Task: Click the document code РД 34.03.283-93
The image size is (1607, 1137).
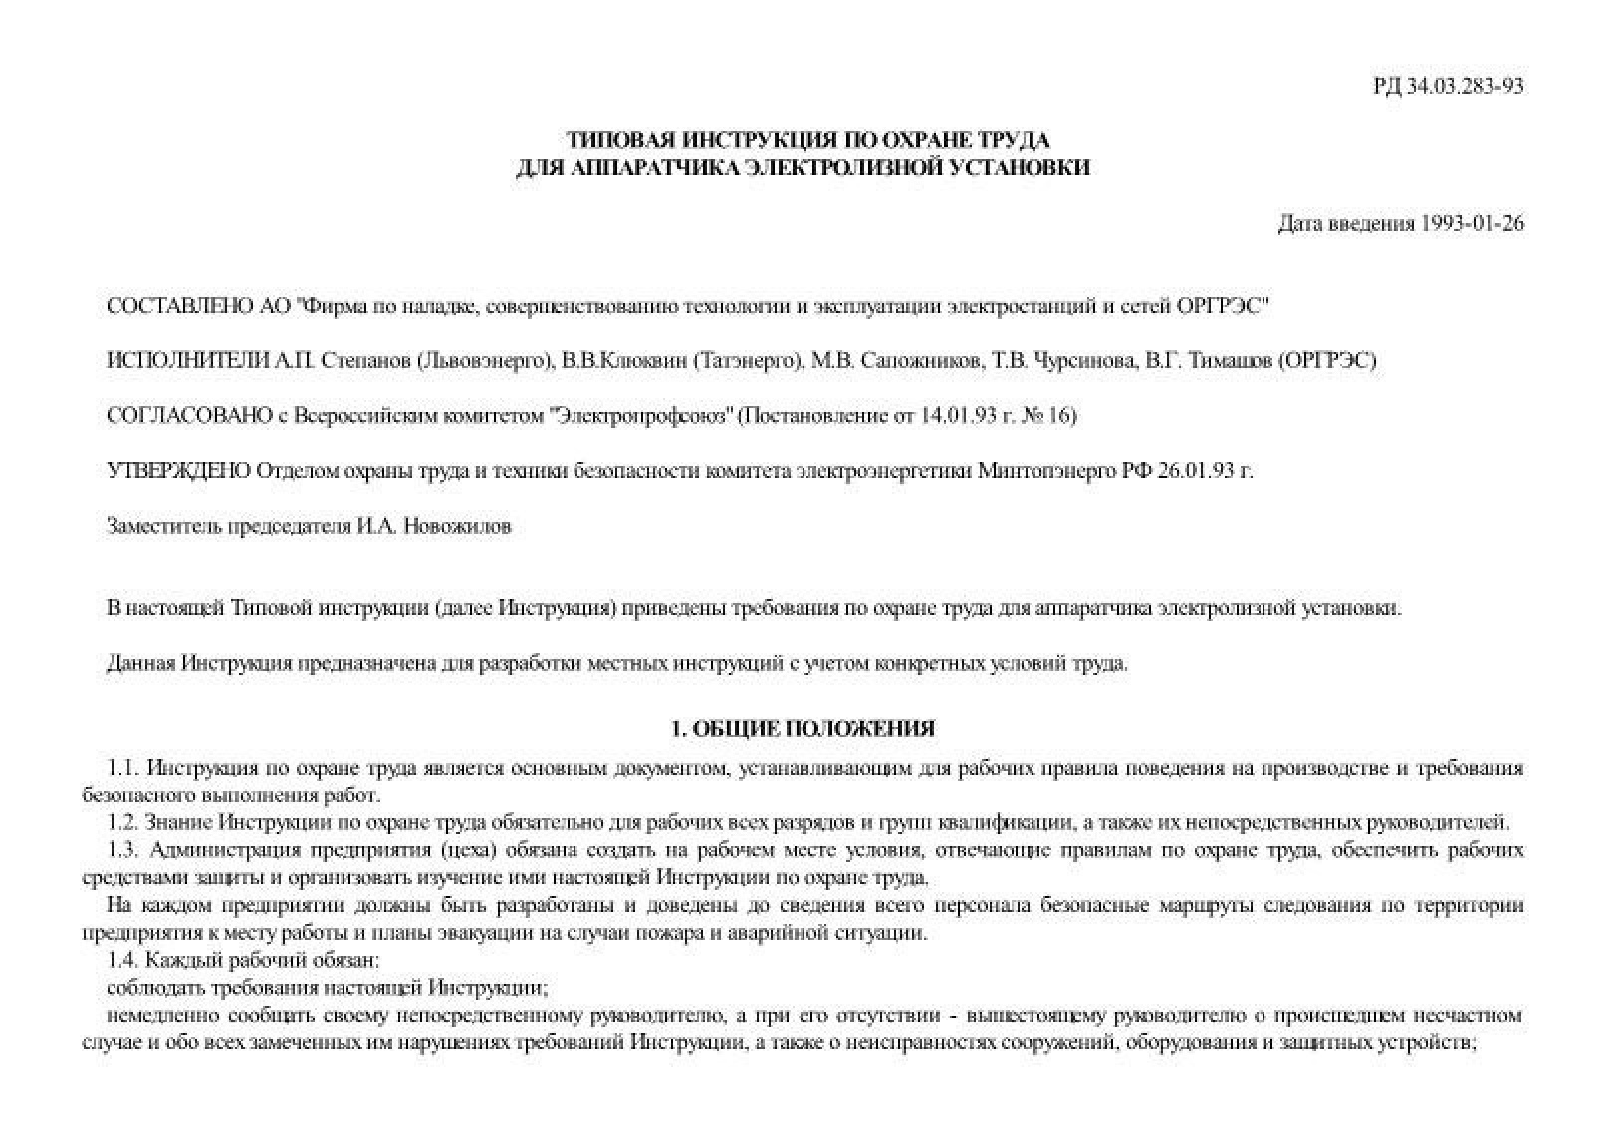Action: coord(1449,86)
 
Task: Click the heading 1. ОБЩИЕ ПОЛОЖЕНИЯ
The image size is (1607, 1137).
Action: coord(803,728)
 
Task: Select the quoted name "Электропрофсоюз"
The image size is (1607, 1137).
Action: coord(641,415)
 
